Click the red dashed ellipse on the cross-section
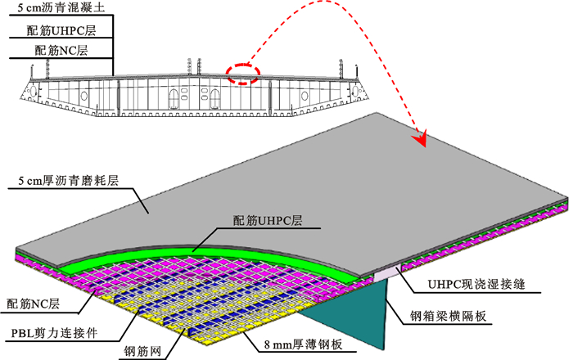(x=243, y=74)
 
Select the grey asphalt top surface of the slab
(x=327, y=180)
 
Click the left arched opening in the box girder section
(x=173, y=100)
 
